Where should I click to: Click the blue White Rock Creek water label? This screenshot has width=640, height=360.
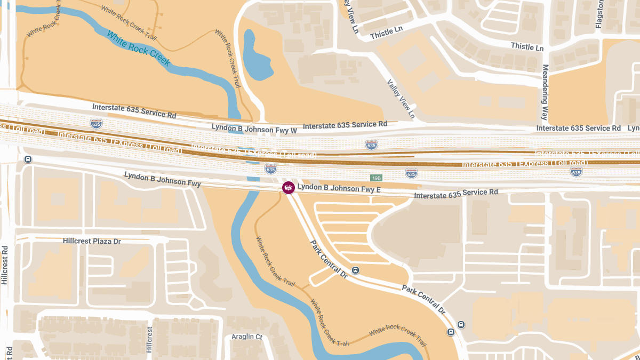(138, 49)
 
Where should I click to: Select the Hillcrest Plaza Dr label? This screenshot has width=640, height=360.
(92, 241)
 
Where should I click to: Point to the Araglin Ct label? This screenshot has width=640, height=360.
(247, 337)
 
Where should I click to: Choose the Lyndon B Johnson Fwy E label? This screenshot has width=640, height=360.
(339, 188)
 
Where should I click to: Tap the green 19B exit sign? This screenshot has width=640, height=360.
(377, 177)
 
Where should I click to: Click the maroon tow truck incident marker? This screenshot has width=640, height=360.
(289, 188)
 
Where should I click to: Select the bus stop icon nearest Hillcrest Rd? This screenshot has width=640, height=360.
(28, 159)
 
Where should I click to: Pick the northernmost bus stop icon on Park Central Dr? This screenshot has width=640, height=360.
(356, 270)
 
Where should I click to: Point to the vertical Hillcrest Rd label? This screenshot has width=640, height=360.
(5, 265)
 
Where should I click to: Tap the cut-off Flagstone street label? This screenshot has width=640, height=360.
(599, 14)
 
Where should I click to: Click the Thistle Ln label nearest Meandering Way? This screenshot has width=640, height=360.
(527, 46)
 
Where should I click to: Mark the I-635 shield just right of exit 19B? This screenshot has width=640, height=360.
(411, 173)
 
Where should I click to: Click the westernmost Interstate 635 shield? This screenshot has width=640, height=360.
(96, 124)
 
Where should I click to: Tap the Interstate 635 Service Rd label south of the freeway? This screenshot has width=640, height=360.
(455, 194)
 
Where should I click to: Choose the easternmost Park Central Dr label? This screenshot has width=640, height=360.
(424, 299)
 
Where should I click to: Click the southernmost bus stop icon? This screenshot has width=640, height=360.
(451, 332)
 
